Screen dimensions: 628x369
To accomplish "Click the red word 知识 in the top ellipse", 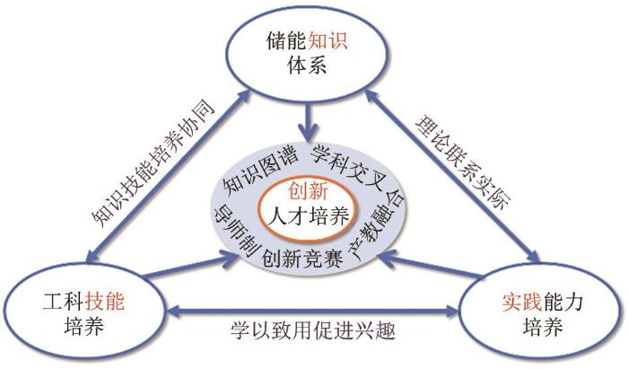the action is click(327, 40).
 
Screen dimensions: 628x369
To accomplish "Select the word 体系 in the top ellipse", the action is click(307, 64).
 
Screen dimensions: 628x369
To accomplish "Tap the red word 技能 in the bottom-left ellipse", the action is click(104, 302).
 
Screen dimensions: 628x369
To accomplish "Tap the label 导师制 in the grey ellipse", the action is click(236, 232).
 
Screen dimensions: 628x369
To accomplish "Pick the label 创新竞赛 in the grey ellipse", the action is click(302, 258).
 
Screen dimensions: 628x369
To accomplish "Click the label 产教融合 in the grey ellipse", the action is click(378, 225).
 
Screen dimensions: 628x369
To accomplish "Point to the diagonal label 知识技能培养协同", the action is click(153, 163).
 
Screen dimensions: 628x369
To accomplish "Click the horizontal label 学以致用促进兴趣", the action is click(313, 330).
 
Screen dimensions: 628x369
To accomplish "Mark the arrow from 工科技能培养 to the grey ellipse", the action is click(191, 265).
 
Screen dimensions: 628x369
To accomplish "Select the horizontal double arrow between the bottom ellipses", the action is click(312, 311).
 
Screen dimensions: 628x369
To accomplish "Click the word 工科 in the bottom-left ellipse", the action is click(64, 302).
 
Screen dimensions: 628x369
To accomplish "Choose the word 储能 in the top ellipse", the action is click(286, 40).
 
